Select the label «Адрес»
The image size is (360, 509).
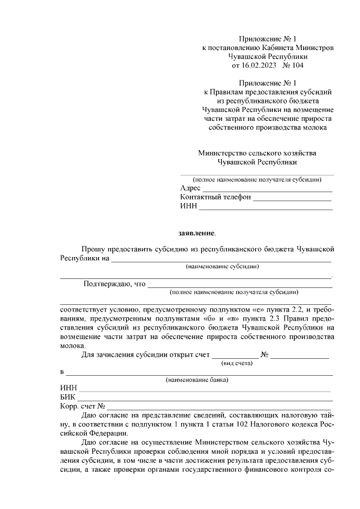coord(190,188)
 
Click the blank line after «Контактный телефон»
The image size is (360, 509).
coord(292,199)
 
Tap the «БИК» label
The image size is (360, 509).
coord(67,397)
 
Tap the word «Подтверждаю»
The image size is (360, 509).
coord(107,283)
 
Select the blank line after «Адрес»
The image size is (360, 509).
coord(267,189)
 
